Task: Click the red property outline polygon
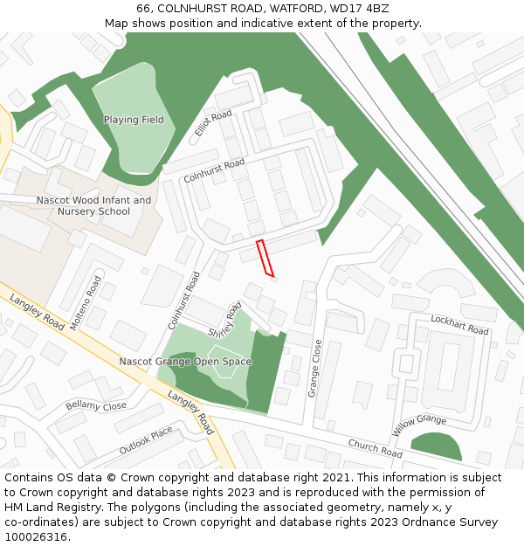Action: [265, 259]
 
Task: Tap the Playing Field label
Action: [134, 120]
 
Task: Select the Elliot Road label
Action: [213, 123]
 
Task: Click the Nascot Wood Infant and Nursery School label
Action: [93, 206]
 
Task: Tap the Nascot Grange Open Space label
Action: [185, 362]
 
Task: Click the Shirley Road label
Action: [225, 321]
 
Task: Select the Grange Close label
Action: [316, 369]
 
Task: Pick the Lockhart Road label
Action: [459, 327]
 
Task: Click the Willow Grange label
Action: [419, 425]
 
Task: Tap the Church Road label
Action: [375, 448]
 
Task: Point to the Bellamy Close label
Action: [96, 406]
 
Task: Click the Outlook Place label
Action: [146, 441]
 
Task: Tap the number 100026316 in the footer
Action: [37, 537]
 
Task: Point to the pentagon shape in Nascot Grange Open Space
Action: [224, 364]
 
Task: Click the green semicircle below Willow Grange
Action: [436, 447]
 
